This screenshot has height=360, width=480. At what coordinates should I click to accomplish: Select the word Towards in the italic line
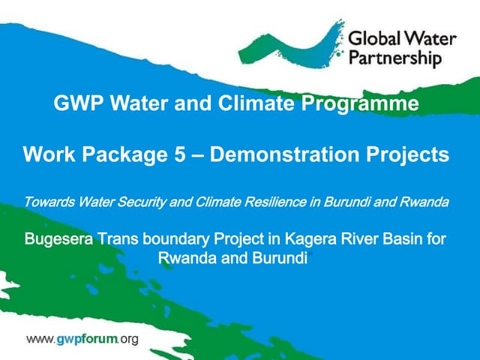[x=46, y=202]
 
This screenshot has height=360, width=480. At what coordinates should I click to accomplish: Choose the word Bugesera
[x=58, y=240]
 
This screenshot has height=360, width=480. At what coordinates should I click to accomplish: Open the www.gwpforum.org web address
[x=82, y=339]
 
